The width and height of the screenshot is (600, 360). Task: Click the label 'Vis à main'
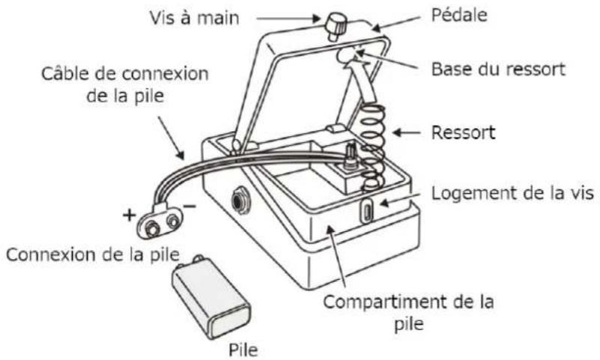coord(195,18)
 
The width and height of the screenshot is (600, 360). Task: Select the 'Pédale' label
coord(459,15)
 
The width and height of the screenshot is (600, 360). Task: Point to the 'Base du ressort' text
coord(498,69)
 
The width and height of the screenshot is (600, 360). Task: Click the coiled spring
coord(372,147)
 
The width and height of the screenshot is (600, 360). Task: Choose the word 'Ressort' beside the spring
coord(463,132)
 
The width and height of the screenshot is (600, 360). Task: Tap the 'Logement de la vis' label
coord(512,193)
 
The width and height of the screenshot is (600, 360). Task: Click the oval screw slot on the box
coord(367,211)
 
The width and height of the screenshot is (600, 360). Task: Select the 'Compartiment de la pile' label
coord(409,313)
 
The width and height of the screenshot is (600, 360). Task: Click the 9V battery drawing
coord(210,297)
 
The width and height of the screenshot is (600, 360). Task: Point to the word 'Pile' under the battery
coord(243,350)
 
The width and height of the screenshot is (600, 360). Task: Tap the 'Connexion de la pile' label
coord(93,254)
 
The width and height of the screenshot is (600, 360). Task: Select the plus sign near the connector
coord(130,215)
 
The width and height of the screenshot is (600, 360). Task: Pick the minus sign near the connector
coord(190,207)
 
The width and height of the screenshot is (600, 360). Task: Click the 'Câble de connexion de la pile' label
coord(125,85)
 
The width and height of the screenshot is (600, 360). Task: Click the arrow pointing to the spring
coord(407,132)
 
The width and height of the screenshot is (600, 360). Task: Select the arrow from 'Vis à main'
coord(288,19)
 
